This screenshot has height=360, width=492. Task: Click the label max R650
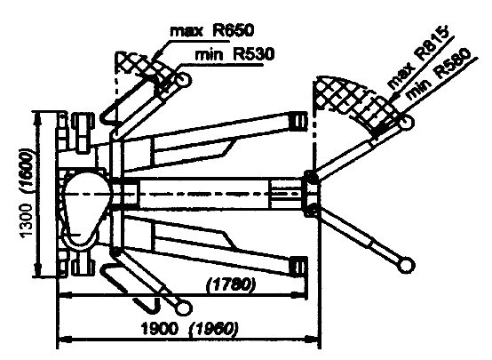click(x=211, y=31)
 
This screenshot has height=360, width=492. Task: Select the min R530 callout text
click(x=234, y=54)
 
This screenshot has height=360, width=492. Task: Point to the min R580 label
click(x=439, y=74)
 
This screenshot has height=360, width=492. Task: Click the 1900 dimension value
click(x=159, y=329)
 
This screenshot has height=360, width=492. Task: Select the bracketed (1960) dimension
click(x=213, y=329)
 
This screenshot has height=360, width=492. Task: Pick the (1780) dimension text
click(x=231, y=285)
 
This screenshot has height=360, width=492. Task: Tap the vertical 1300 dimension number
click(x=26, y=220)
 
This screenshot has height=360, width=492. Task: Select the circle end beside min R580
click(x=406, y=122)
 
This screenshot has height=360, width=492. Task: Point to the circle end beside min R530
click(x=183, y=79)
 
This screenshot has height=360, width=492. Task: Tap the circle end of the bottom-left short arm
click(x=183, y=308)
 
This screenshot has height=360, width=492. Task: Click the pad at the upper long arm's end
click(x=298, y=121)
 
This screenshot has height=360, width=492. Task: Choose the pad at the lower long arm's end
click(x=298, y=267)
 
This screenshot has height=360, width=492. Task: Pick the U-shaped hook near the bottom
click(x=147, y=305)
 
